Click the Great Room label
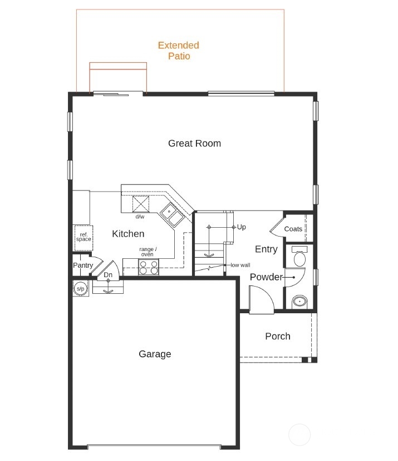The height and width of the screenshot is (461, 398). pos(194,143)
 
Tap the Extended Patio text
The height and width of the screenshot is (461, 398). pos(178,51)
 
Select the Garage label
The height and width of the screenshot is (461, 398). pos(155,354)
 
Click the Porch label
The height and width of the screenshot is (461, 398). pos(277,336)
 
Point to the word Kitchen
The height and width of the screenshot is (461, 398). pos(128,234)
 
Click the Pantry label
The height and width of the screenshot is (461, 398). pos(83,265)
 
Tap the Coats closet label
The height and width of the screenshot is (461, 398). pos(293,229)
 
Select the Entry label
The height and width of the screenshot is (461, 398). pos(266,249)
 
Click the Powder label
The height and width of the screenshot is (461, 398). pos(266,277)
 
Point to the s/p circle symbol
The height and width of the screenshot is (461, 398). pos(80,288)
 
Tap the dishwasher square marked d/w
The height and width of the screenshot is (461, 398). pos(140,205)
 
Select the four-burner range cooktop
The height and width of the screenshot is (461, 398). pos(148,268)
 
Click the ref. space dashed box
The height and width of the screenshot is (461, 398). pos(83,237)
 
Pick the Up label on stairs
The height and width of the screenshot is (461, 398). pos(241,227)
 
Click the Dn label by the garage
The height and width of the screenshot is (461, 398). pos(108,275)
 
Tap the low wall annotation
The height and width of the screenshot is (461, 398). pos(240,265)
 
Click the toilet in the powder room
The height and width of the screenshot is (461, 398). pos(299,258)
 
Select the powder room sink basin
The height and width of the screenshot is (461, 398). pos(300,302)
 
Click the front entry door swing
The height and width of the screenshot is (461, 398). pos(260,300)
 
